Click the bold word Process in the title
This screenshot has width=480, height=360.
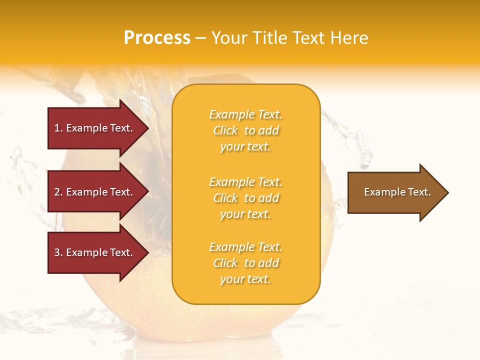157,38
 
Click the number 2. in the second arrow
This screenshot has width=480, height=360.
58,192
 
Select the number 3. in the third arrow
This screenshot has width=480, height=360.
58,252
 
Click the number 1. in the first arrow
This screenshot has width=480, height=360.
58,128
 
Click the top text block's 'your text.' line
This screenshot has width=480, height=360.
245,146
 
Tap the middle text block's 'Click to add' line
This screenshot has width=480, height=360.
245,198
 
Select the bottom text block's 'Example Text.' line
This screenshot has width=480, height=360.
245,247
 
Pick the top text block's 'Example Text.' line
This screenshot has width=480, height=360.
245,114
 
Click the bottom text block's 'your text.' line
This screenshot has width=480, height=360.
245,279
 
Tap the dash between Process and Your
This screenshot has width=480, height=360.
201,38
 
